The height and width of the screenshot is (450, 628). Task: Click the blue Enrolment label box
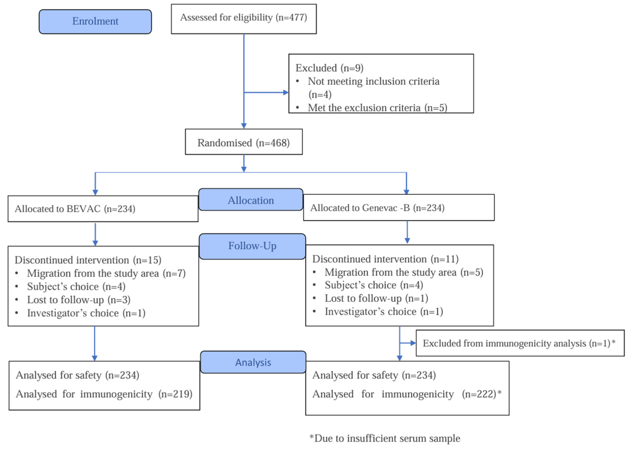click(95, 22)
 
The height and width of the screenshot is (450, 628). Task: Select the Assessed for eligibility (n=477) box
click(244, 19)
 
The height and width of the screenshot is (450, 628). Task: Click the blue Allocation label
click(251, 200)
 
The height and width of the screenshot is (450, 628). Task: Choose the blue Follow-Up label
click(252, 246)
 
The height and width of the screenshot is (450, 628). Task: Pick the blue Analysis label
click(253, 362)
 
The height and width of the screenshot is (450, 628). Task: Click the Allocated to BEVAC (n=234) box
click(103, 209)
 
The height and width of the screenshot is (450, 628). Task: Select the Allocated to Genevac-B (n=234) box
click(399, 207)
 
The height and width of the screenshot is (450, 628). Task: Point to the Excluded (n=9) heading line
click(329, 68)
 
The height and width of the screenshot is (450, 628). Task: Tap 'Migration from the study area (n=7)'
click(106, 273)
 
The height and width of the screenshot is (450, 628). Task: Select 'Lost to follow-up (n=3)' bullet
click(79, 300)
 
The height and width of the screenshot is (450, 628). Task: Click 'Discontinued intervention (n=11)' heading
click(385, 259)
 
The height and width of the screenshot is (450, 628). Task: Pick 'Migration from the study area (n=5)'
click(404, 272)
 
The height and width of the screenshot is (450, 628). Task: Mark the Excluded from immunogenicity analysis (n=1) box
click(520, 343)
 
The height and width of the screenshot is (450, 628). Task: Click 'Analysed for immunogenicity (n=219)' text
click(104, 394)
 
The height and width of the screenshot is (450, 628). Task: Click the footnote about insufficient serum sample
click(385, 438)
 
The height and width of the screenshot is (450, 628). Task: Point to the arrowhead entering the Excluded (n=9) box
click(286, 93)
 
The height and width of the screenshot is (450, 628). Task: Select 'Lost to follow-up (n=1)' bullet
click(376, 298)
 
